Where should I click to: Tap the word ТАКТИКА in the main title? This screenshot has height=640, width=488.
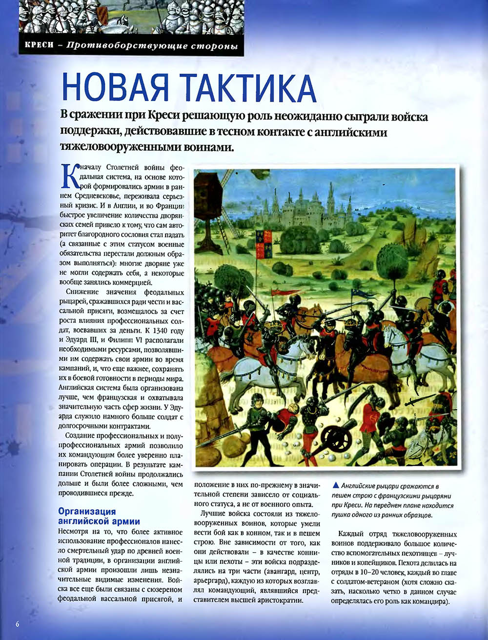(x=248, y=88)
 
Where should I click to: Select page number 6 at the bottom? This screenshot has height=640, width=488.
(x=17, y=624)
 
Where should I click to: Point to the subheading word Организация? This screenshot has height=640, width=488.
(x=87, y=511)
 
